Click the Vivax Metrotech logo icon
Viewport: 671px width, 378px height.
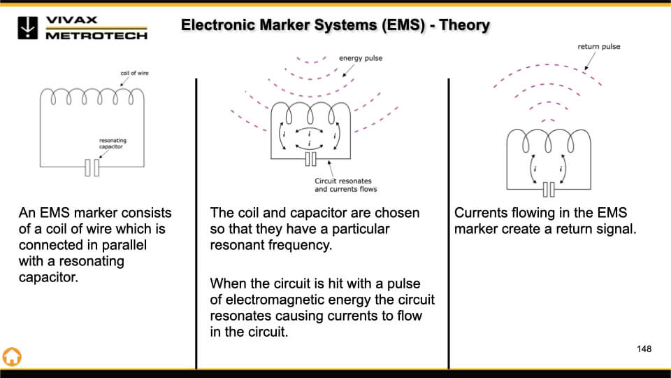coord(27,27)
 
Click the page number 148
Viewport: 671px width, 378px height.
coord(644,349)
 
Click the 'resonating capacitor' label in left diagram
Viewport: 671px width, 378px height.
coord(113,145)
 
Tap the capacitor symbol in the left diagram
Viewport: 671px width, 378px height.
coord(92,167)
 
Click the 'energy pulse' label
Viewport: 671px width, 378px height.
coord(361,58)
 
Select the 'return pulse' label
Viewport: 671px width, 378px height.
coord(598,47)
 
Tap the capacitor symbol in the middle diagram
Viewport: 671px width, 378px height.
coord(311,160)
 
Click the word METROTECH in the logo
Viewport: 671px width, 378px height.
coord(96,36)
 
